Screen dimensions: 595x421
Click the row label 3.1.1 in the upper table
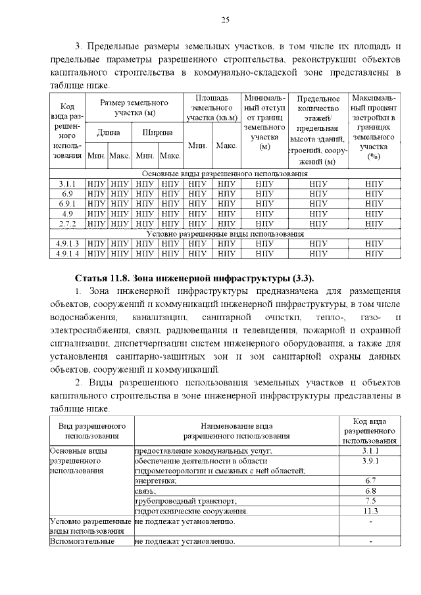pos(68,184)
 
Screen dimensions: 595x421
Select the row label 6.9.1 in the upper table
pos(68,204)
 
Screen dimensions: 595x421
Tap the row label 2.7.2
pos(68,224)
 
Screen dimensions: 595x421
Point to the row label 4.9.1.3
pos(68,243)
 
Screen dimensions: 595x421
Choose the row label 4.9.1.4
pos(68,253)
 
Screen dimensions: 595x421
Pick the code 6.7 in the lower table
pos(370,481)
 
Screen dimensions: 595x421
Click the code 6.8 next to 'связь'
pos(370,490)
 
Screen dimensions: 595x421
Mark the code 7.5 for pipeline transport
pos(370,500)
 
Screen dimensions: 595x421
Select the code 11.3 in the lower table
pos(370,510)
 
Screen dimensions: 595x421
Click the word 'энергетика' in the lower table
pos(155,481)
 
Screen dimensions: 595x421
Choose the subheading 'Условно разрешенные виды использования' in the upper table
pos(225,233)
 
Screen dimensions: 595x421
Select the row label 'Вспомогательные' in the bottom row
pos(82,541)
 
